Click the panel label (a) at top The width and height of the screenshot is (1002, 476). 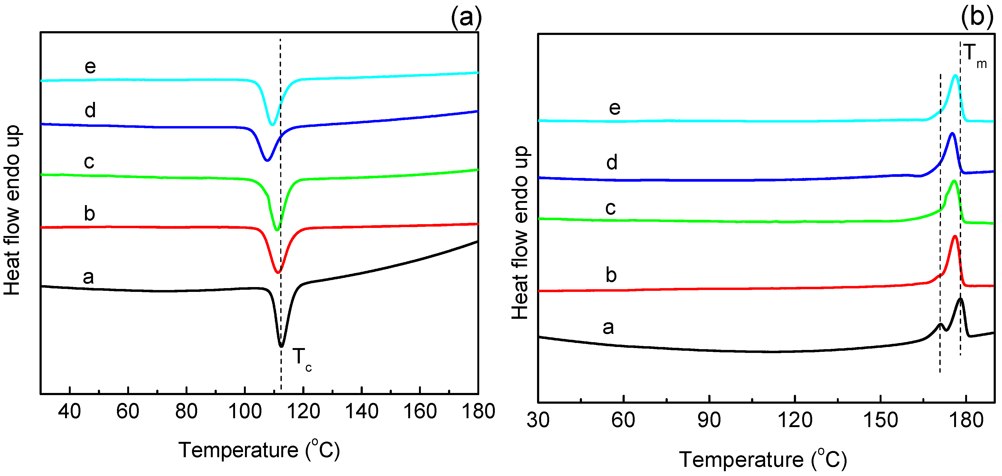click(x=466, y=17)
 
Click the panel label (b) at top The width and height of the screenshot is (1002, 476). click(x=976, y=17)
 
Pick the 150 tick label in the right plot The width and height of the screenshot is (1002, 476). click(x=880, y=420)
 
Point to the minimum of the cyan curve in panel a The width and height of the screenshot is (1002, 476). click(x=272, y=124)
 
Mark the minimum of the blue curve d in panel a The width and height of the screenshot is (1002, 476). click(x=267, y=160)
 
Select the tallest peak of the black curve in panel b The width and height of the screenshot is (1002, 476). click(x=960, y=299)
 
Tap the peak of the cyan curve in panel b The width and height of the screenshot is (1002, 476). click(x=955, y=76)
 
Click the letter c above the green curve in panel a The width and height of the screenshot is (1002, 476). click(x=89, y=161)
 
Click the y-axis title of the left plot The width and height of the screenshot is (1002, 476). click(x=12, y=210)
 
